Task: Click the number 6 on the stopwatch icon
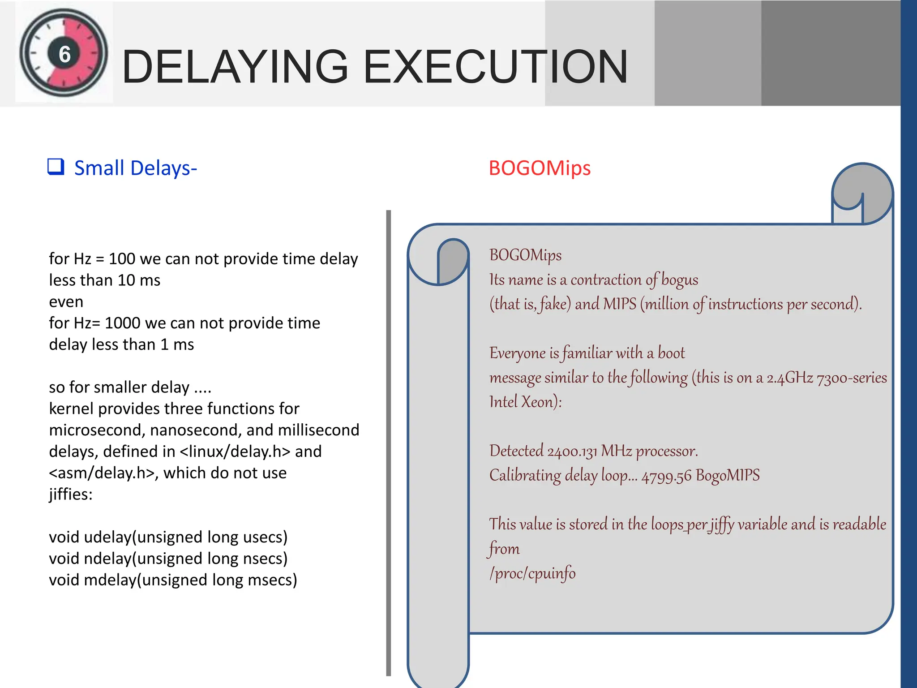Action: click(x=65, y=55)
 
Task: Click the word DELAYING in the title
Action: click(x=235, y=67)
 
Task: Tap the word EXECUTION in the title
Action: click(x=495, y=67)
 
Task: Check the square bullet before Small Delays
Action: click(x=56, y=167)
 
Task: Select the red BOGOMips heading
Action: click(x=540, y=168)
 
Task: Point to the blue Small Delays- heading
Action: click(x=135, y=168)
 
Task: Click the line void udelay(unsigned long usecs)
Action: click(x=168, y=537)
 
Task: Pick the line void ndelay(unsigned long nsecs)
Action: click(x=168, y=559)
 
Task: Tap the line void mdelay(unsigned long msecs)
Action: click(x=173, y=580)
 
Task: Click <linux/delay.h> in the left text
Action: click(x=235, y=451)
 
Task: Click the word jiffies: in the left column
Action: click(x=71, y=494)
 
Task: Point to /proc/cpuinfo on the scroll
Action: click(x=532, y=573)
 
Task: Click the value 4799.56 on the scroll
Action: click(x=666, y=476)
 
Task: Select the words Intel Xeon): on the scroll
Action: click(x=525, y=402)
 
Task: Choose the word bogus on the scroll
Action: click(x=679, y=280)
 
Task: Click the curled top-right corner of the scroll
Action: click(x=862, y=193)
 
